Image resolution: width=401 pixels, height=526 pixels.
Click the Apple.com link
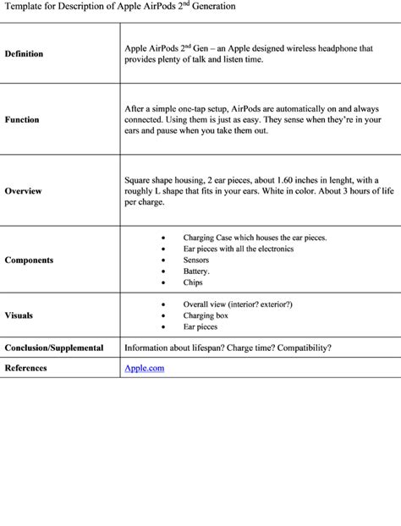(x=144, y=369)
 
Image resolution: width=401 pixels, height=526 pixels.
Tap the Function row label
(x=22, y=120)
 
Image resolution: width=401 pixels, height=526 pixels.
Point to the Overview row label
(x=24, y=191)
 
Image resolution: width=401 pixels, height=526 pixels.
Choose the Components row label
(x=29, y=260)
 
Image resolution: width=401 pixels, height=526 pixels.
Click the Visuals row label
(x=19, y=315)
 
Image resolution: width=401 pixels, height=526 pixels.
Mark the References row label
(x=25, y=369)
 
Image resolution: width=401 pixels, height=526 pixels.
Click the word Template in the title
(x=19, y=6)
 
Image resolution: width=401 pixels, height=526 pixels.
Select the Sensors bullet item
(x=197, y=260)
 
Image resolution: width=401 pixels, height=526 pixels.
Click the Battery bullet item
(x=196, y=271)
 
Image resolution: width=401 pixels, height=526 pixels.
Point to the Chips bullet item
(x=193, y=283)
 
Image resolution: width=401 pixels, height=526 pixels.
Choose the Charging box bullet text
(x=206, y=315)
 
